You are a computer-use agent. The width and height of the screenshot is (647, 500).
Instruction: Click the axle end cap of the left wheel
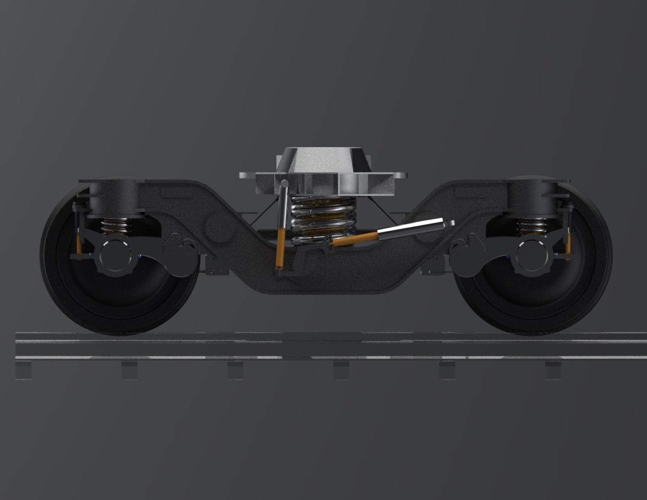coord(113,255)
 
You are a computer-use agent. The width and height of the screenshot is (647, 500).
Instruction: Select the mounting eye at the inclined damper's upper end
coord(449,224)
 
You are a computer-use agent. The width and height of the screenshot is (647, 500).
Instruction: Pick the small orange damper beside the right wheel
coord(567,243)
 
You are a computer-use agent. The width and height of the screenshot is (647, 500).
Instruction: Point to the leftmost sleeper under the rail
coord(24,370)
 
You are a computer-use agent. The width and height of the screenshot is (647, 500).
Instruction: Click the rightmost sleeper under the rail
coord(554,370)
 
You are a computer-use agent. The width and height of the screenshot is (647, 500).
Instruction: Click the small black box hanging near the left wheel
coord(216,267)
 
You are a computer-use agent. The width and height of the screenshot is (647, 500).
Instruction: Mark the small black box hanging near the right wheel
coord(433,267)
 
